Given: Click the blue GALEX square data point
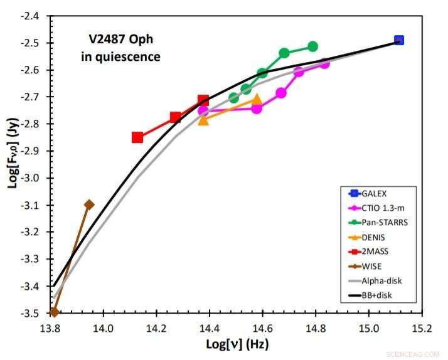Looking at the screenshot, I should point(398,40).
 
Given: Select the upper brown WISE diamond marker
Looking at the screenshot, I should point(89,204).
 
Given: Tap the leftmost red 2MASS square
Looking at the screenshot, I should point(137,137).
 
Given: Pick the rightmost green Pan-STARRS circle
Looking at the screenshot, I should point(312,46).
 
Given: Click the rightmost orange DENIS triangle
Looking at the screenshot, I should point(256,99).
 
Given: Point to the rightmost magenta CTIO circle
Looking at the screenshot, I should point(324,63).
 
